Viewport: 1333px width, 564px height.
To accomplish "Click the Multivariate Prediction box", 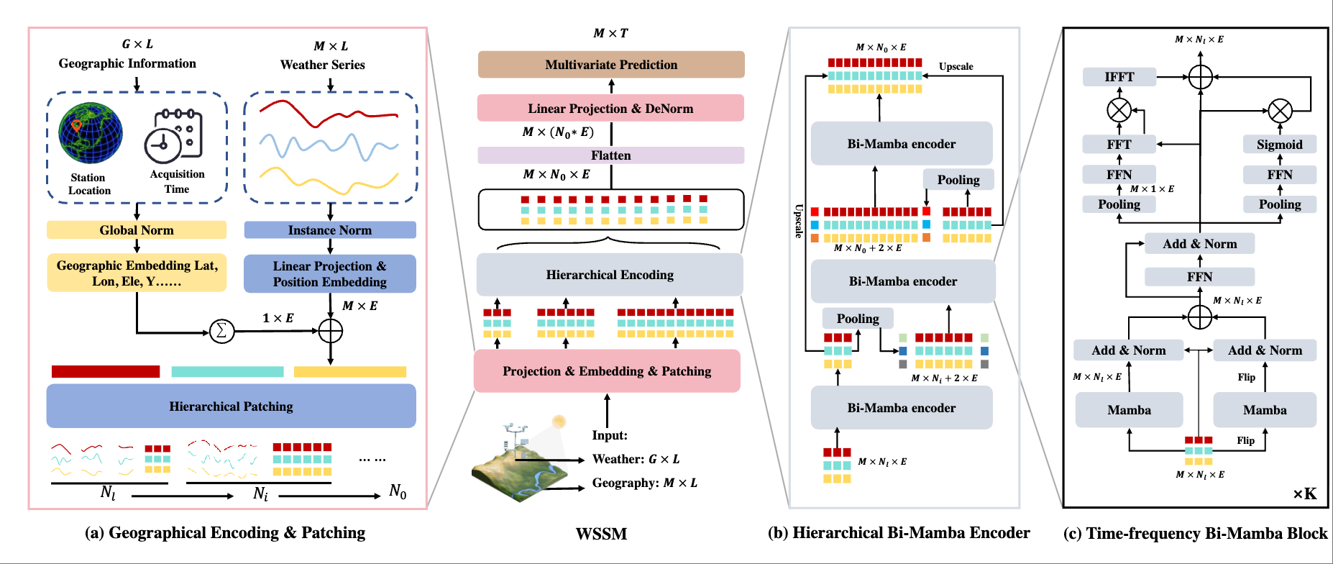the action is (611, 65).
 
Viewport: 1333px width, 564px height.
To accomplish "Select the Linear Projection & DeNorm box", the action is (610, 108).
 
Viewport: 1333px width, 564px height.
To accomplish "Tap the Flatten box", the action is (610, 155).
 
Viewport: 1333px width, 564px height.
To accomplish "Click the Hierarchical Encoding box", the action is (610, 274).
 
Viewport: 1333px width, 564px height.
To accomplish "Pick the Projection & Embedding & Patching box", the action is (607, 370).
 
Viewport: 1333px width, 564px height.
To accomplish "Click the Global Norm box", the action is (137, 230).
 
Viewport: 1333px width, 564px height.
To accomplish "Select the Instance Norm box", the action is (330, 230).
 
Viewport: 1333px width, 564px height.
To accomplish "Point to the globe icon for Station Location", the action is (91, 133).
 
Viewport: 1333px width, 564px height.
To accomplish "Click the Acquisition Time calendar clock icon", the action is (174, 135).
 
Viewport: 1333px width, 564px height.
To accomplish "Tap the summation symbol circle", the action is (221, 331).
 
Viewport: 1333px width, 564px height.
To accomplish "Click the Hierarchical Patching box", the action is (232, 406).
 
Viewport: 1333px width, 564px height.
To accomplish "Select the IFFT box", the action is (1119, 77).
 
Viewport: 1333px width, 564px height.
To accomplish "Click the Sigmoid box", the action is (1280, 144).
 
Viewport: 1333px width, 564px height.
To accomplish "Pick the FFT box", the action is (1119, 144).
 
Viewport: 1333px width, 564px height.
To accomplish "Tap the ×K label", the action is (1305, 493).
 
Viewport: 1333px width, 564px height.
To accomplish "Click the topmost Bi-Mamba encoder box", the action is (902, 143).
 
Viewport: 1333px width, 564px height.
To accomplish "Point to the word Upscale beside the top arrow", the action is (956, 66).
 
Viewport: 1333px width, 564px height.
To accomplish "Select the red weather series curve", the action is (329, 113).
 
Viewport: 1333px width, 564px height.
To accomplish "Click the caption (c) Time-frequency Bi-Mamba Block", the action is (1195, 533).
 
